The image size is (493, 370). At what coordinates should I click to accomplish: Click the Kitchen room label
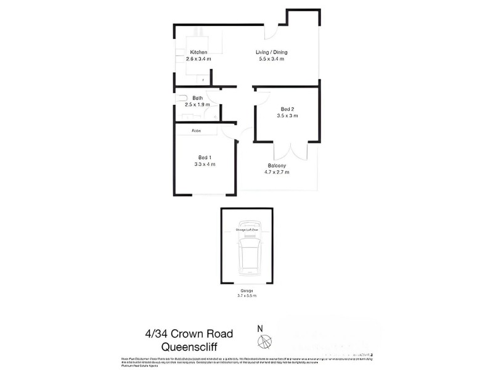coord(198,52)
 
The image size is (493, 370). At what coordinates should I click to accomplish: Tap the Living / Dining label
coord(272,52)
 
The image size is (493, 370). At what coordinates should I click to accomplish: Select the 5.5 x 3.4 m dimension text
coord(272,60)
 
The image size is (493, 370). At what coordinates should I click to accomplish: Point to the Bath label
coord(198,98)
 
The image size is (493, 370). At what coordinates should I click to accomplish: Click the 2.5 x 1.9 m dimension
coord(198,105)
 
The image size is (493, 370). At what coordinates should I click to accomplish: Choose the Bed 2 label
coord(288,109)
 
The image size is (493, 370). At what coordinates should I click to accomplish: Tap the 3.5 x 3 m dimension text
coord(288,116)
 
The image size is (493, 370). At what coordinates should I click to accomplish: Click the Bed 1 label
coord(205,157)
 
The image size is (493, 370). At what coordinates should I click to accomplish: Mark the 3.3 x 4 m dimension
coord(205,164)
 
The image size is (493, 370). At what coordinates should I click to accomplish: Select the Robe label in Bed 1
coord(196,131)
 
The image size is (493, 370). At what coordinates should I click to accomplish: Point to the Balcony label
coord(277,165)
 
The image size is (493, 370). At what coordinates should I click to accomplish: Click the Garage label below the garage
coord(246,290)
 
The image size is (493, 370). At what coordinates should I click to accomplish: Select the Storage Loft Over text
coord(246,229)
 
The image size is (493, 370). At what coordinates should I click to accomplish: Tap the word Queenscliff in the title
coord(189,347)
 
